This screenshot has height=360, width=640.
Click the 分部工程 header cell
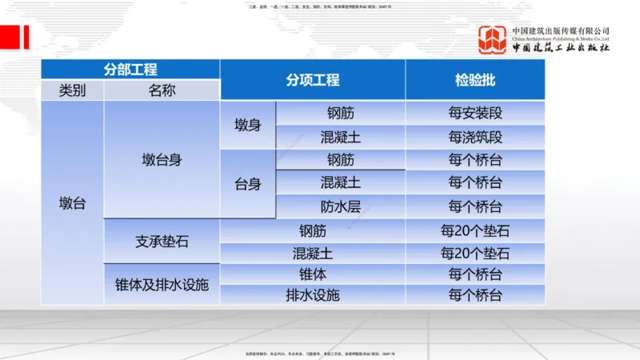(130, 69)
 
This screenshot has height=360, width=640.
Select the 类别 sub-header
(72, 90)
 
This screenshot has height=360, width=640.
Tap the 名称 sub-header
(162, 90)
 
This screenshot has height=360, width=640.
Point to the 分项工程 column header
(313, 80)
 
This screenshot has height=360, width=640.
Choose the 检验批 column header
(475, 80)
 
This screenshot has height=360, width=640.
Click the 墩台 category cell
(72, 203)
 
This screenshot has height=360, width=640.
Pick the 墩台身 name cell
(162, 160)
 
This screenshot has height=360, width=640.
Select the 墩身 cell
(248, 125)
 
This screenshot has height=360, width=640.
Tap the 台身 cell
(248, 184)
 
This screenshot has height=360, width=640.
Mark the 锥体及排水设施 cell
(162, 284)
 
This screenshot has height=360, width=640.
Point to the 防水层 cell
(341, 206)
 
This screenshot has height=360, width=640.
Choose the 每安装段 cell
(475, 114)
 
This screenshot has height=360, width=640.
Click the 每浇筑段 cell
(475, 137)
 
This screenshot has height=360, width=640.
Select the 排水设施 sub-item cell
(313, 294)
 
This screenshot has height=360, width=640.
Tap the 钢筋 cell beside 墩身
(341, 114)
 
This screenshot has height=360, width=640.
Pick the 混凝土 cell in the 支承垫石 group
(313, 254)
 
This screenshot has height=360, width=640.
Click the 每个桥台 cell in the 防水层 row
(475, 206)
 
